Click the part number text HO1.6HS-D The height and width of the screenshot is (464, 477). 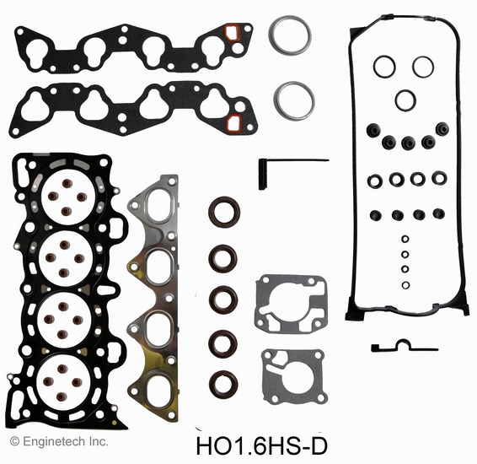(x=262, y=446)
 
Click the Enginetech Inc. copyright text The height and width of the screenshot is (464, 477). (x=59, y=441)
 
